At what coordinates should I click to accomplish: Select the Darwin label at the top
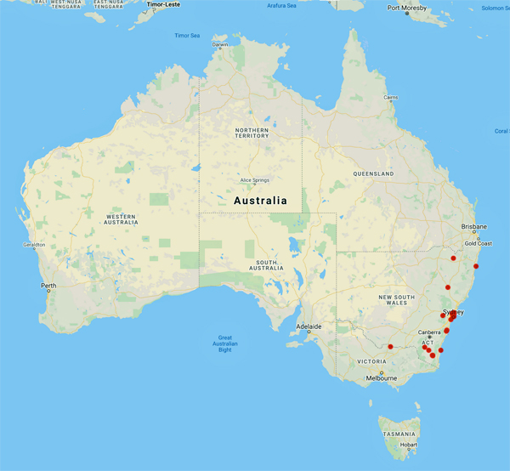coord(219,45)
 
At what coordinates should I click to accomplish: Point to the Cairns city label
coord(390,98)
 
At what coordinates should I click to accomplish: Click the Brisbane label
coord(473,227)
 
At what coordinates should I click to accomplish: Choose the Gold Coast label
coord(478,243)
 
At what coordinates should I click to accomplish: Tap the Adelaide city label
coord(309,326)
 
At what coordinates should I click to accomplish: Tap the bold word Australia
coord(260,201)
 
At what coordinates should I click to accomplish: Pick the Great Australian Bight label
coord(225,343)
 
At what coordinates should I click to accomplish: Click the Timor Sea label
coord(186,36)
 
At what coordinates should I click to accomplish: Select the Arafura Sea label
coord(281,5)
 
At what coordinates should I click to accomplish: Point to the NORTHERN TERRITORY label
coord(252,132)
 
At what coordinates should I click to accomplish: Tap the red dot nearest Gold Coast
coord(477,252)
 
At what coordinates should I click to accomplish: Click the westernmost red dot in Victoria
coord(389,347)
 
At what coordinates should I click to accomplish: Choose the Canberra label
coord(429,332)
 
